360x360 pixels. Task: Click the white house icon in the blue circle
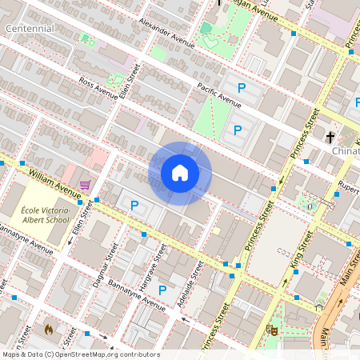(x=180, y=173)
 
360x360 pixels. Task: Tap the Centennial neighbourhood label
(x=30, y=29)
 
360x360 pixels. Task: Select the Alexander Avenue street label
(x=166, y=30)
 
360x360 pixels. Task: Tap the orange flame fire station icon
(x=49, y=328)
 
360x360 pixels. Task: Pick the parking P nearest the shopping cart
(x=134, y=206)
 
